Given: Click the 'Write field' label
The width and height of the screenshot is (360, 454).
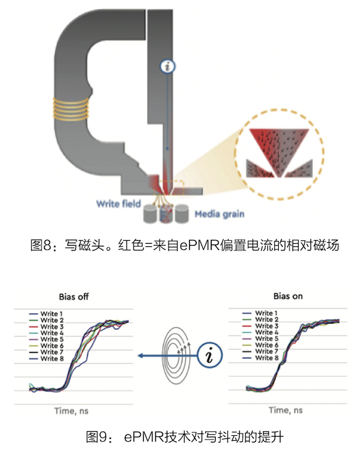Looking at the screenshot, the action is click(119, 204).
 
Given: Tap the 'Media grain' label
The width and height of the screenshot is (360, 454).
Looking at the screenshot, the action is click(219, 214).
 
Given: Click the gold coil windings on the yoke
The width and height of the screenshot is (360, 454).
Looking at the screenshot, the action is click(70, 109).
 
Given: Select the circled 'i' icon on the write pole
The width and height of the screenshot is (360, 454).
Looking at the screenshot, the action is click(167, 67).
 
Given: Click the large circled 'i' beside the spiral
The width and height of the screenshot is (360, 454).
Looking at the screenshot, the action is click(209, 355).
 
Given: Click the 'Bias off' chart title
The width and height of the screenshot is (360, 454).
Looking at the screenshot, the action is click(74, 297).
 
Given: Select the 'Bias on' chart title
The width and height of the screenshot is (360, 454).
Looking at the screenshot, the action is click(288, 296).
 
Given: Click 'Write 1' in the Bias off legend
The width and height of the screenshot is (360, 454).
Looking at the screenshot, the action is click(52, 314).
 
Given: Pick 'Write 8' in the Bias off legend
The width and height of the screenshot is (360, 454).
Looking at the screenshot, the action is click(52, 359).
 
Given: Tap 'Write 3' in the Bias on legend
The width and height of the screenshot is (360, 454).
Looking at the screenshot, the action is click(267, 326).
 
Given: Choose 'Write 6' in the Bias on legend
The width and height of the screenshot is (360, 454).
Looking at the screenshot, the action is click(267, 345).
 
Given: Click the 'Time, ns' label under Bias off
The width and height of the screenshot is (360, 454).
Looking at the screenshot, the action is click(71, 411).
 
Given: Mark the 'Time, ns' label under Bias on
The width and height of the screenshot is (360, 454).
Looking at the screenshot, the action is click(285, 410).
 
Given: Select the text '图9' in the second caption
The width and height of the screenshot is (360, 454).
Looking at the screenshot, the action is click(97, 437).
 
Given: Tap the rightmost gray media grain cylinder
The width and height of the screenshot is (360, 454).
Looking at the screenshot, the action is click(182, 214).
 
